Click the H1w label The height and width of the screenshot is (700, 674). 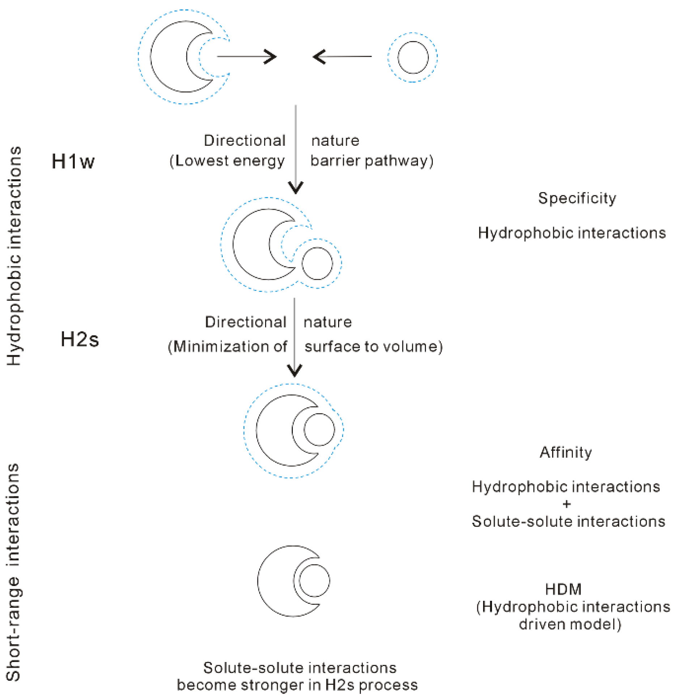(73, 161)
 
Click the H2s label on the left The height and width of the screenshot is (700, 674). (80, 339)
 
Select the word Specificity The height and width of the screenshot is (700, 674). (577, 198)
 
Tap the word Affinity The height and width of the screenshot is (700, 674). (566, 452)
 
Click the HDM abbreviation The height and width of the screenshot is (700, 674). (563, 589)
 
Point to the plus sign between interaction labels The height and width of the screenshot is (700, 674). (567, 504)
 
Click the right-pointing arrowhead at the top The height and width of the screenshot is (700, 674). (270, 57)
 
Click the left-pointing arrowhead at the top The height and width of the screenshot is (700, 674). (319, 57)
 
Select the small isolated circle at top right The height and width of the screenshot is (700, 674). (413, 57)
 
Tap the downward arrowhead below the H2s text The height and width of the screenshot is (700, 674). (294, 370)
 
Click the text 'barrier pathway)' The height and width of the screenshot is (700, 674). (371, 161)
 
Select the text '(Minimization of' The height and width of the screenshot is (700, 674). (227, 347)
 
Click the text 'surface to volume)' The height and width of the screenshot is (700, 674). (373, 347)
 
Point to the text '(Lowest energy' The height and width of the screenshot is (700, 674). (227, 161)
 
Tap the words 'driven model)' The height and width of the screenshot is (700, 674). (570, 624)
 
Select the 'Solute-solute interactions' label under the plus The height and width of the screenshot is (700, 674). (568, 521)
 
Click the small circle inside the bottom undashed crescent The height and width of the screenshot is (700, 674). (314, 581)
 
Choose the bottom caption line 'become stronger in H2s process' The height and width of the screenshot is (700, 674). (297, 685)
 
